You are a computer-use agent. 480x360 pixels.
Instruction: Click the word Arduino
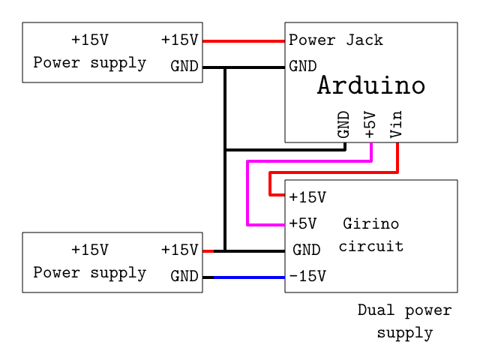371,85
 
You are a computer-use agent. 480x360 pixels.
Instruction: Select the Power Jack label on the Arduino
336,40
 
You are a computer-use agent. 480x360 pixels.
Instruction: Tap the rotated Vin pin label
397,124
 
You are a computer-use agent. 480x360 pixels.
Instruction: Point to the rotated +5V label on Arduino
370,124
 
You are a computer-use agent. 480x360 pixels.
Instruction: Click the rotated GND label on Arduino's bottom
343,124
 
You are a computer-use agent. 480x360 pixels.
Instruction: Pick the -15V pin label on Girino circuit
307,276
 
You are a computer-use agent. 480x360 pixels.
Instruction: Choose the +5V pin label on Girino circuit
303,223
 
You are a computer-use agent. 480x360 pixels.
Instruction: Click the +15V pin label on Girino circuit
307,197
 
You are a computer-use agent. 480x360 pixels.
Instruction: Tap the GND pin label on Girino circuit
307,250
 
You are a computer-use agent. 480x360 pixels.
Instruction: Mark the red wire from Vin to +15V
334,172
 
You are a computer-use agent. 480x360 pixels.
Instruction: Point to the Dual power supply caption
405,321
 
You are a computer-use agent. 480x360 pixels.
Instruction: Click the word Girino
370,223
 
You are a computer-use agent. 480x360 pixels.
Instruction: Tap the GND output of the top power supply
184,66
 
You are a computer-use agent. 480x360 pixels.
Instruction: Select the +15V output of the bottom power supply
180,250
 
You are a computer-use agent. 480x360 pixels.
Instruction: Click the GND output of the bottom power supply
184,276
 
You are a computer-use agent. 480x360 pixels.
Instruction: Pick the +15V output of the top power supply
180,40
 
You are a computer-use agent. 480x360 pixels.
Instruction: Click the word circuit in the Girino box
370,246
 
